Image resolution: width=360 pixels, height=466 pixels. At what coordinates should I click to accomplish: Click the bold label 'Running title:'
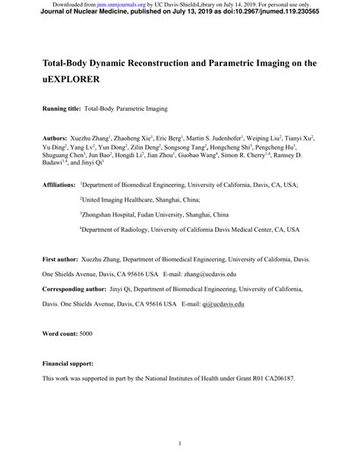tap(62, 109)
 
